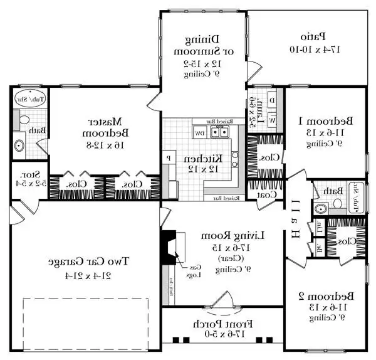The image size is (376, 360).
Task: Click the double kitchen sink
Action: [219, 132]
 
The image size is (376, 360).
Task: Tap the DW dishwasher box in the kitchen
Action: [199, 133]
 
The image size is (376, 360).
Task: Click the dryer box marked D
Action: [271, 100]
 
